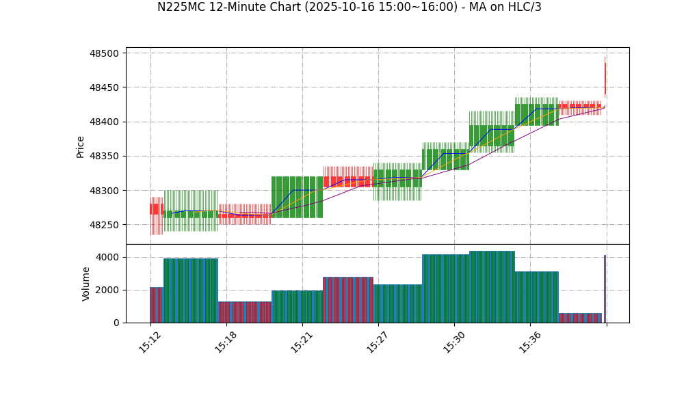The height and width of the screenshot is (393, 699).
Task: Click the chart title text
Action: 349,8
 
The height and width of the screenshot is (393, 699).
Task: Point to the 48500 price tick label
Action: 103,53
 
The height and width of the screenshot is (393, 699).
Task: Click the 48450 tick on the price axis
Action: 103,87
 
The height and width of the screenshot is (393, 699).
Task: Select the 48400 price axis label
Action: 103,122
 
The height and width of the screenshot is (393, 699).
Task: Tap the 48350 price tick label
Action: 103,157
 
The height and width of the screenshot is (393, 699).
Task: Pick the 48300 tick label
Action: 103,191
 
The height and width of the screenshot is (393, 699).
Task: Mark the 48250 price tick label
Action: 103,225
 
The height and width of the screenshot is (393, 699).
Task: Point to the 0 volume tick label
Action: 116,323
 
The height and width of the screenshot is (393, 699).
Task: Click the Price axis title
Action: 81,146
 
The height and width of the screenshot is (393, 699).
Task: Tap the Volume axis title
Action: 86,284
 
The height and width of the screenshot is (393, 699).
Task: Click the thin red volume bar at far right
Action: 605,288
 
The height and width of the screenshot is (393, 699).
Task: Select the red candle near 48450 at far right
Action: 605,77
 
